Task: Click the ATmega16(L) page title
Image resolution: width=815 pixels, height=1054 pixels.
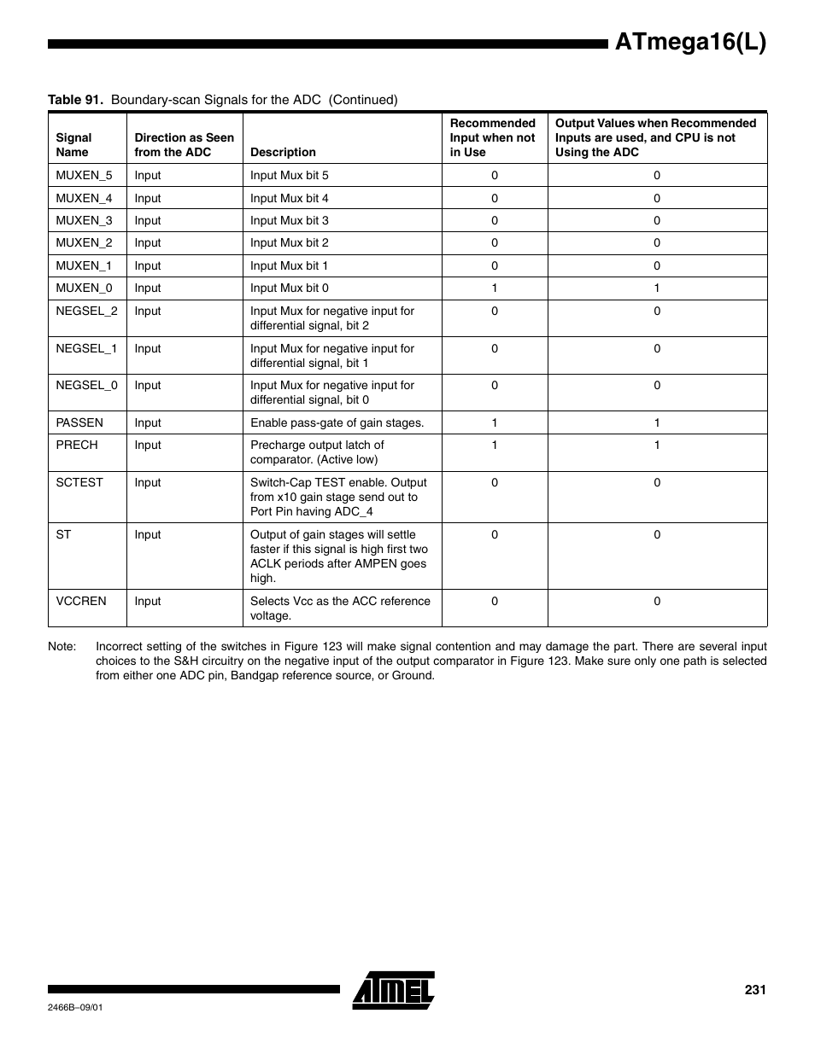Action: coord(689,42)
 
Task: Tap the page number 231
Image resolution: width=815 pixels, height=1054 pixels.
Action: coord(754,990)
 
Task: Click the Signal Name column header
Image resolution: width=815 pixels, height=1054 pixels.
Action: coord(73,144)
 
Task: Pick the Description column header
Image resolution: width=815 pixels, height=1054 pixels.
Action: coord(283,152)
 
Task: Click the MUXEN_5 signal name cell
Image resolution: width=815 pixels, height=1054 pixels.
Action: coord(84,175)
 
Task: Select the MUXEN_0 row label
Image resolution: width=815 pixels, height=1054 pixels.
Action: coord(84,288)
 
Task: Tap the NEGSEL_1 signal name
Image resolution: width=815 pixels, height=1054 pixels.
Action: coord(86,348)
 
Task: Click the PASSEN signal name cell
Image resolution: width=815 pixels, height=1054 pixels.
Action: coord(79,422)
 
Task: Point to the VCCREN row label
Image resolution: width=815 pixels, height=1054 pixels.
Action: coord(81,601)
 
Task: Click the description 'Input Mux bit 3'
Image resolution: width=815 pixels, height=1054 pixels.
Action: coord(289,220)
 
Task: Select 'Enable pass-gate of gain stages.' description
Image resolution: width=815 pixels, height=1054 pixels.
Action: coord(337,422)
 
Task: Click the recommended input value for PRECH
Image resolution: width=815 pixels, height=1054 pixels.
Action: coord(494,445)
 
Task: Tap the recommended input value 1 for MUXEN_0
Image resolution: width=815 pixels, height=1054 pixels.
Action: coord(494,288)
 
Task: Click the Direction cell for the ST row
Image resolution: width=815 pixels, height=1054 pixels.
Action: coord(147,534)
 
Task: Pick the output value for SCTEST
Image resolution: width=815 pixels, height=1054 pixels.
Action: coord(656,482)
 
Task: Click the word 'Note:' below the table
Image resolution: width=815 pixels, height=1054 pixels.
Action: coord(62,646)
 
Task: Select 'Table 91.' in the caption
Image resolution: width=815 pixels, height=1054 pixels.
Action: coord(76,100)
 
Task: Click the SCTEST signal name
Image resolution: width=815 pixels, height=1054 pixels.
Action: coord(79,482)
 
